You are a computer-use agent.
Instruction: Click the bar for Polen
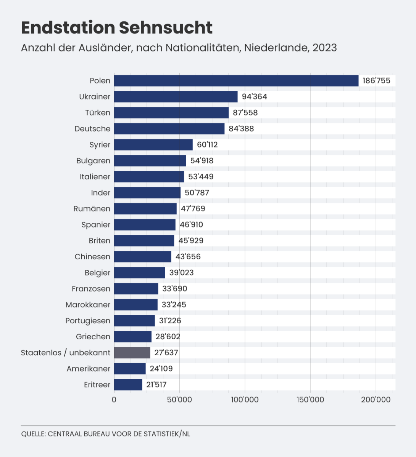click(236, 81)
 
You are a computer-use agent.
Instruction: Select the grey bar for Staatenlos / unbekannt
click(132, 353)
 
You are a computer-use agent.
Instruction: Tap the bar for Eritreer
click(128, 385)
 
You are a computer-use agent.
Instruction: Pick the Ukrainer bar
click(176, 97)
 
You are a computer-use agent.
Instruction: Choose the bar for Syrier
click(153, 145)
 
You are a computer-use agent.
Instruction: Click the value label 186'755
click(376, 81)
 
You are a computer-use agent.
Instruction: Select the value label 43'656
click(188, 257)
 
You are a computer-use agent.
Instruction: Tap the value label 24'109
click(161, 369)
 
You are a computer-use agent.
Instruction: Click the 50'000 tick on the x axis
click(179, 399)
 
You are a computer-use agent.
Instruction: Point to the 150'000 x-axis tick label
click(310, 399)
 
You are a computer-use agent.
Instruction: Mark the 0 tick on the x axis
click(114, 399)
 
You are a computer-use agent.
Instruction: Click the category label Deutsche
click(92, 129)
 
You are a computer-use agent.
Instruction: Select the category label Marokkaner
click(88, 305)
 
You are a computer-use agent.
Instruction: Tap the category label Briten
click(99, 241)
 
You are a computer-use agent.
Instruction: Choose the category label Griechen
click(93, 337)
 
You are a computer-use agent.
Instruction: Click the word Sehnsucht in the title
click(165, 28)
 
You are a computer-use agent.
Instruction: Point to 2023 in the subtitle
click(324, 48)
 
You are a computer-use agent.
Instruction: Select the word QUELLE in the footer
click(34, 434)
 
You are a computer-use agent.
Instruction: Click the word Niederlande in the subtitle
click(276, 48)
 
